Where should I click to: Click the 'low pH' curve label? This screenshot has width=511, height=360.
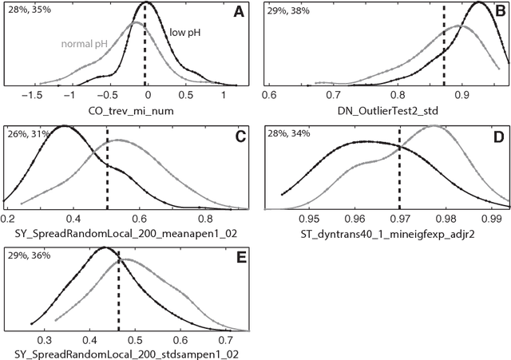tap(185, 34)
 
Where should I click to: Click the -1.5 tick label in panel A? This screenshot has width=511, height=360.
tap(31, 95)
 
